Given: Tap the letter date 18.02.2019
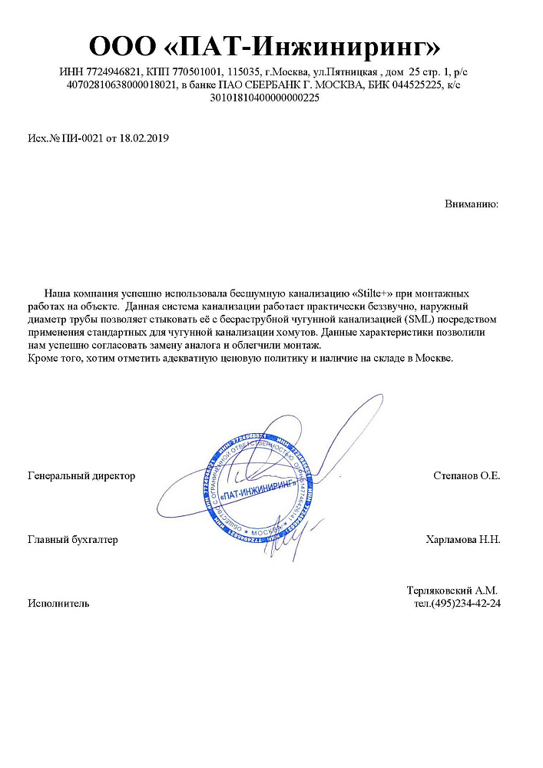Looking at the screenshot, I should [x=144, y=139].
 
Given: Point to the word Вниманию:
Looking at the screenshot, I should [x=472, y=204].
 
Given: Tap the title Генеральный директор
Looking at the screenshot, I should [x=81, y=476].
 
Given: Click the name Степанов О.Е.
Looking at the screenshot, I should [x=466, y=476].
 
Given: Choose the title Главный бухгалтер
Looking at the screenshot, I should [x=73, y=540].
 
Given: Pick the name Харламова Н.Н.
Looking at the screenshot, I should [x=462, y=540].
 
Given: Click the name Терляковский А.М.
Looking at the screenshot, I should [x=452, y=591].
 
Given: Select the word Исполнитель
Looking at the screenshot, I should [x=58, y=604].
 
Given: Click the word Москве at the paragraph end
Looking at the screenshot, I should [x=435, y=359].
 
